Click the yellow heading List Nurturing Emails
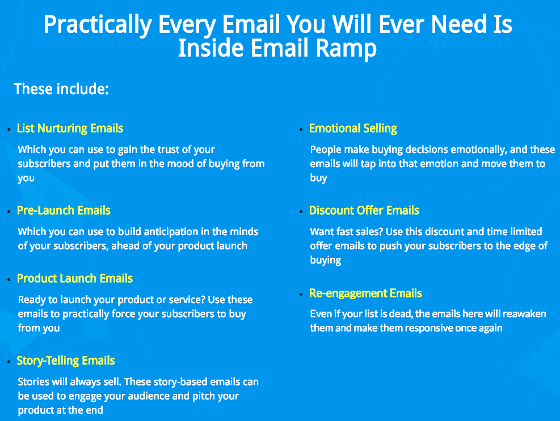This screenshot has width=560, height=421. click(x=70, y=128)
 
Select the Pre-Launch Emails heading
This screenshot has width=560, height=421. click(x=64, y=210)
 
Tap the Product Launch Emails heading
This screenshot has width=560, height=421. click(x=75, y=278)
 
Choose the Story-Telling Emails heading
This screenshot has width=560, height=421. click(x=66, y=361)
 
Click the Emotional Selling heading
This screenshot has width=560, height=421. click(x=353, y=129)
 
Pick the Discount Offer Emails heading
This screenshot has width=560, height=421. click(x=364, y=211)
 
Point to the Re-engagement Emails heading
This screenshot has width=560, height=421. click(x=365, y=294)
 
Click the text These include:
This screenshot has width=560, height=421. click(x=61, y=89)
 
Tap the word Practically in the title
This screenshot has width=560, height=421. click(x=98, y=25)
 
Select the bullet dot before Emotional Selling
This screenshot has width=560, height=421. click(x=301, y=130)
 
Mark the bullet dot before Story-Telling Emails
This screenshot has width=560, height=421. click(x=9, y=362)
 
